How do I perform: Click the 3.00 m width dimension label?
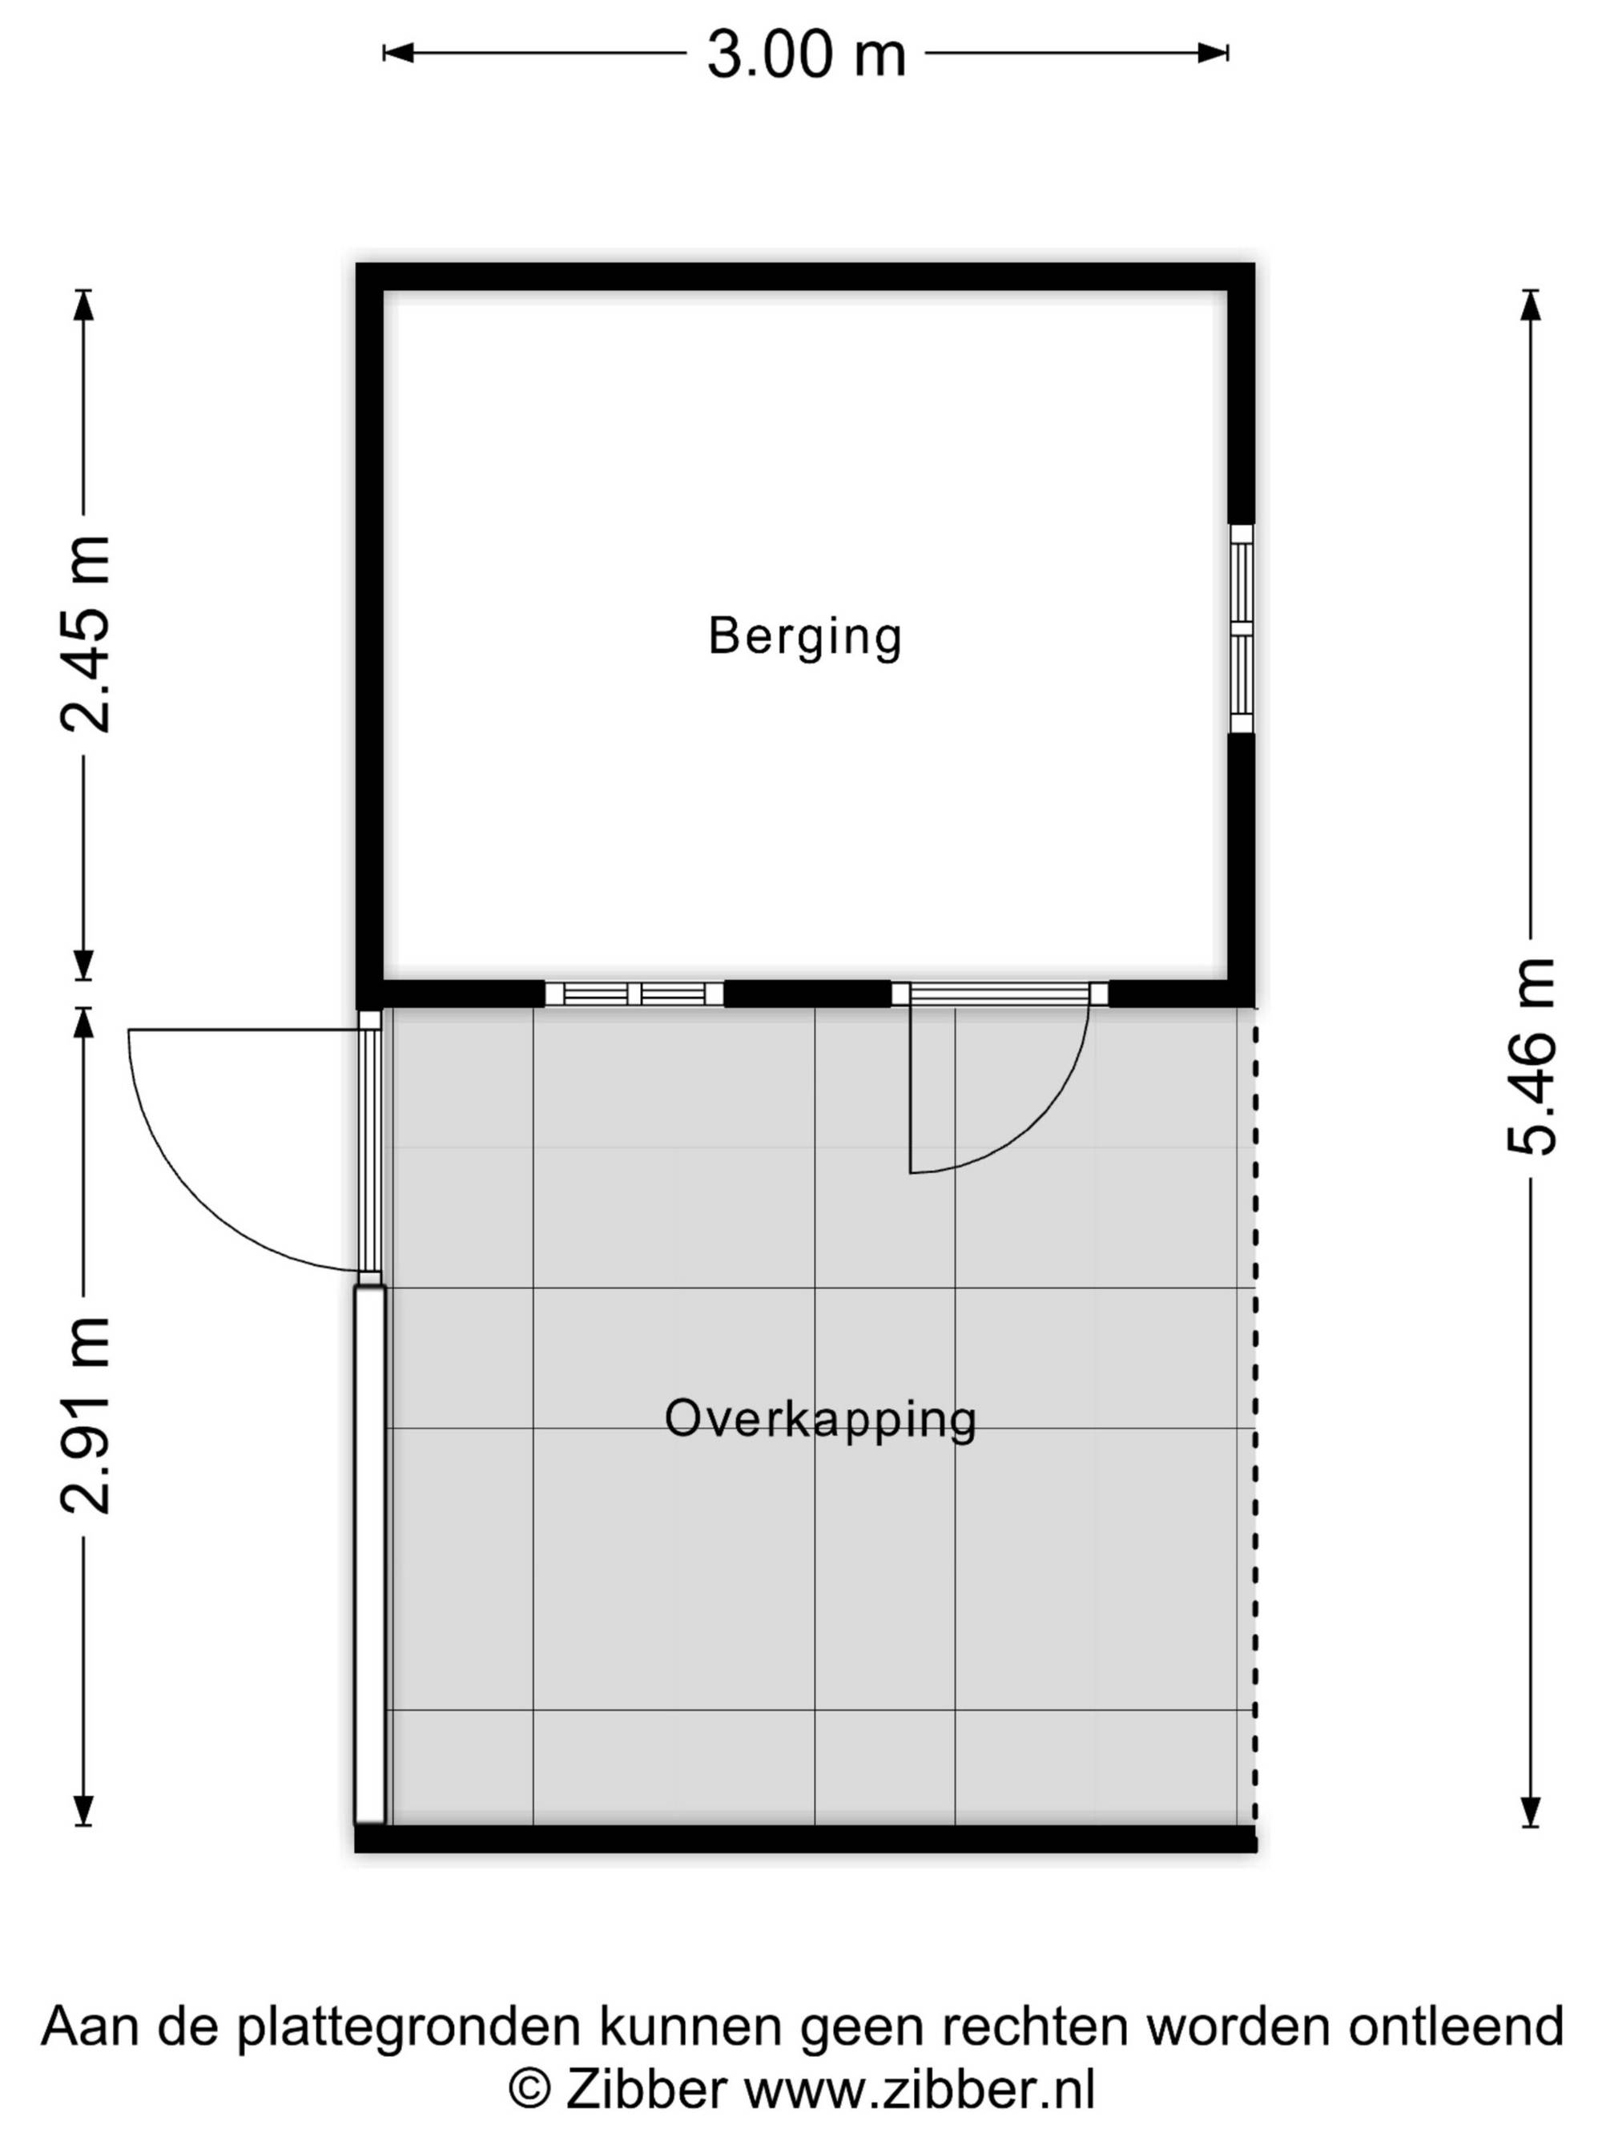807,54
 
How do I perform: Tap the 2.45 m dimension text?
85,635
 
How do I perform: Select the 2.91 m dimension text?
85,1415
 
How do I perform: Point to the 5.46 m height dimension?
1531,1057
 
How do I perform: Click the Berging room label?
805,638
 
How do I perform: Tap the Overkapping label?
821,1419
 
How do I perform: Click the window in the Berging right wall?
1241,629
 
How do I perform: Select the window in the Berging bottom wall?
634,993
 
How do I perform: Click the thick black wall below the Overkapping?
805,1837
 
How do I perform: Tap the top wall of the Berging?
805,277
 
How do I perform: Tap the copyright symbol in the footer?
529,2088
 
